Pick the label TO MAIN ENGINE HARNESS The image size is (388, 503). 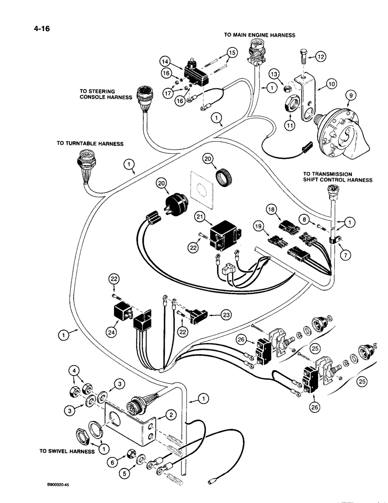(x=259, y=35)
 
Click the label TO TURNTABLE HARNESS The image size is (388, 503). (x=90, y=143)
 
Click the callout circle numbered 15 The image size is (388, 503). (x=232, y=52)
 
